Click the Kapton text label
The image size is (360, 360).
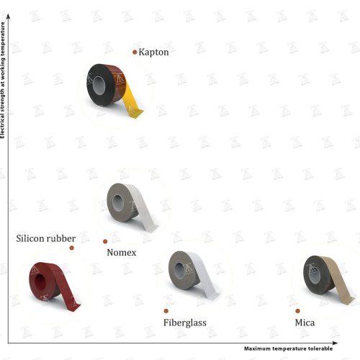tap(153, 53)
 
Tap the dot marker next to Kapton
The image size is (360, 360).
tap(135, 52)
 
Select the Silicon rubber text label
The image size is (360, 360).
tap(46, 238)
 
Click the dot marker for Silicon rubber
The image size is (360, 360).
tap(71, 248)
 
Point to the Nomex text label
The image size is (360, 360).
tap(122, 253)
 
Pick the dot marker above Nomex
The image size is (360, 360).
tap(105, 241)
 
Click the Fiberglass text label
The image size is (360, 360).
tap(185, 323)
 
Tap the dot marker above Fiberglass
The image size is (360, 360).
tap(166, 311)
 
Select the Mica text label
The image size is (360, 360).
tap(305, 323)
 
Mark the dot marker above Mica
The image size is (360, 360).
tap(298, 311)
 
